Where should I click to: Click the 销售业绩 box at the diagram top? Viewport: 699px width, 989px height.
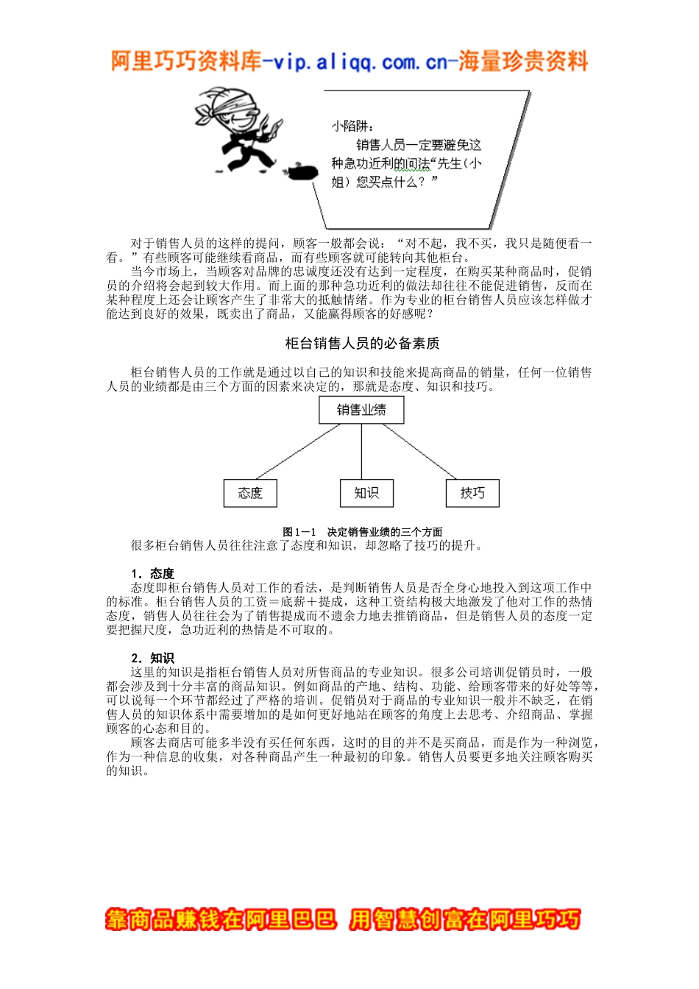coord(361,410)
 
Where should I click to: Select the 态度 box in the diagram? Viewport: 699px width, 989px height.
coord(250,493)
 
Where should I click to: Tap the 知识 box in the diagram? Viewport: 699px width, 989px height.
coord(366,493)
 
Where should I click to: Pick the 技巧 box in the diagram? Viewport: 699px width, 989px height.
coord(472,493)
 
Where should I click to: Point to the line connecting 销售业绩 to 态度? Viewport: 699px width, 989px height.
coord(298,451)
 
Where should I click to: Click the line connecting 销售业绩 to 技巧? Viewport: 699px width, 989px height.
coord(419,451)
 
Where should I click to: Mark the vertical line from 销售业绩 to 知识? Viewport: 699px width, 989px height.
coord(361,451)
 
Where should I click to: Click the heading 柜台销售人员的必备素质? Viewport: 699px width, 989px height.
coord(362,344)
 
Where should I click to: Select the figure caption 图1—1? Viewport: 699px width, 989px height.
coord(299,532)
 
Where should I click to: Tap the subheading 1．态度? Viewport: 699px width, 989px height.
coord(152,573)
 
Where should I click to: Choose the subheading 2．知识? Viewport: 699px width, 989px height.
coord(152,658)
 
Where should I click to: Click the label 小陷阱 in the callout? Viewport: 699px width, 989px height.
coord(352,127)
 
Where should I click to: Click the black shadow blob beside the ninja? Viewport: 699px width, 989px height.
coord(302,172)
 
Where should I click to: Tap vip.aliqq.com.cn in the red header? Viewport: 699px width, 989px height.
coord(360,62)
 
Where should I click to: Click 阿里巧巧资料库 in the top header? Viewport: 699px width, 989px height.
coord(186,62)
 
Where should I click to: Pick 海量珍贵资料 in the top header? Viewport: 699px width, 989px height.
coord(523,62)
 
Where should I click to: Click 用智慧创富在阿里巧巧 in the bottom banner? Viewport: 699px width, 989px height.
coord(464,919)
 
